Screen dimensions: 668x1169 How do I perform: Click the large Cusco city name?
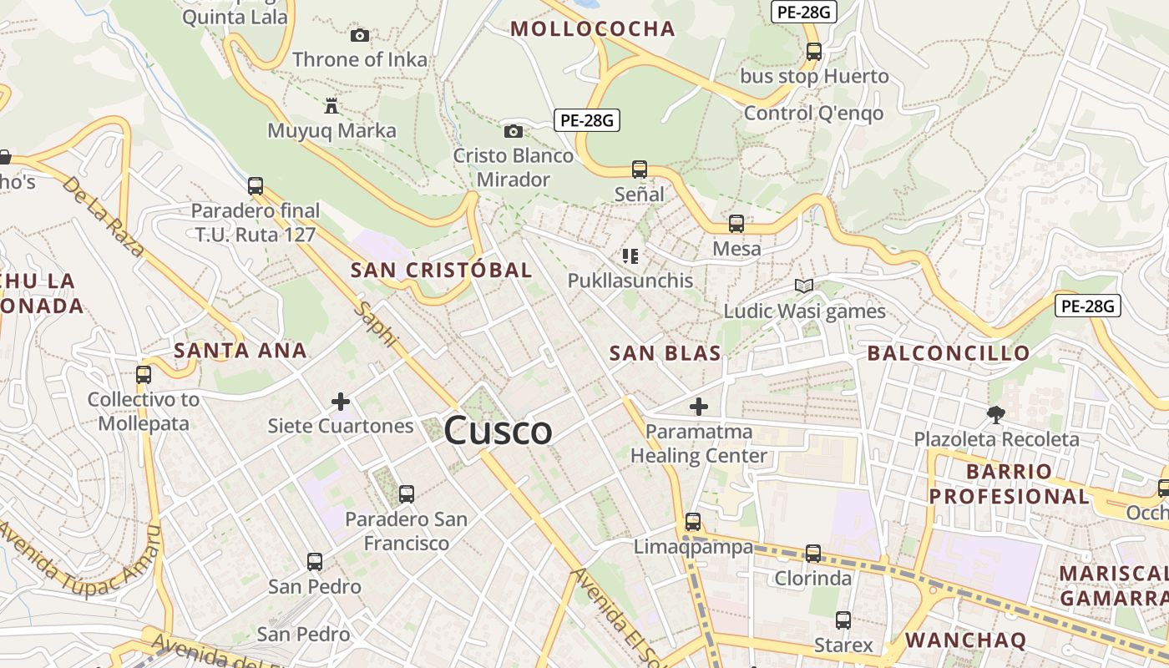coord(498,431)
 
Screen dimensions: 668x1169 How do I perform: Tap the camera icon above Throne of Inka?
coord(360,35)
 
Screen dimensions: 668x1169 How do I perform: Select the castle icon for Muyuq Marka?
coord(331,106)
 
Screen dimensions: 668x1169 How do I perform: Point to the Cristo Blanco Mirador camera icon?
coord(514,131)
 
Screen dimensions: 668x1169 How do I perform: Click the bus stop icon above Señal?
coord(640,170)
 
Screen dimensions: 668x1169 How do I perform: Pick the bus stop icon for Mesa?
coord(736,224)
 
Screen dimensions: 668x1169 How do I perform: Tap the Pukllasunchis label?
coord(630,281)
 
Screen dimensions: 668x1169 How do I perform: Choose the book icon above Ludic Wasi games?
coord(804,286)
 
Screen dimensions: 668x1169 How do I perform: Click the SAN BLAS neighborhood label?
coord(665,353)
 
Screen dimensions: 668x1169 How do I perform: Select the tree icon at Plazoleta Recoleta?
coord(995,414)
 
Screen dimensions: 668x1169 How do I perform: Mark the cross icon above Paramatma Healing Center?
coord(699,407)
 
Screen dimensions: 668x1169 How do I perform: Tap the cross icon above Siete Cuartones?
coord(341,402)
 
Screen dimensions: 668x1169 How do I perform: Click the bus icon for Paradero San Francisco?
coord(407,494)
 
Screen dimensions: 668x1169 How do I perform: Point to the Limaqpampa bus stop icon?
coord(693,522)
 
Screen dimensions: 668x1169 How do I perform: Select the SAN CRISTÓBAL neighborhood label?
coord(441,271)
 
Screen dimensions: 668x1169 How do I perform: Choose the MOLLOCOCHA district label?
coord(592,29)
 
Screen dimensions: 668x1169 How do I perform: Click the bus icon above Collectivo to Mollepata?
coord(144,375)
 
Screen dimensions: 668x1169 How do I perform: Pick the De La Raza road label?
coord(103,216)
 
